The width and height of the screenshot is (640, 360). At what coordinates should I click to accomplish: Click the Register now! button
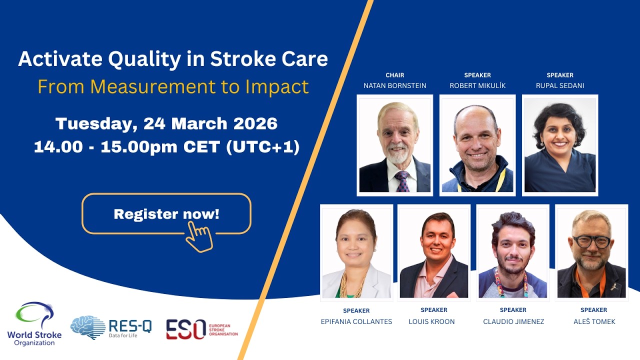point(166,214)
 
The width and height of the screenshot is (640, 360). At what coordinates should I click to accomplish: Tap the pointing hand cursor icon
point(199,236)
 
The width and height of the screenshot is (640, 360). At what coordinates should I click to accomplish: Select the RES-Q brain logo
point(87,327)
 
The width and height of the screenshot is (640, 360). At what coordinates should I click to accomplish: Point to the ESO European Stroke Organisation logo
point(202,329)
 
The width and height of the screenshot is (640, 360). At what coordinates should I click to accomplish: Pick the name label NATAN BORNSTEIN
point(395,85)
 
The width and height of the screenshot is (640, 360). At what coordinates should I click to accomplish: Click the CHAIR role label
point(395,75)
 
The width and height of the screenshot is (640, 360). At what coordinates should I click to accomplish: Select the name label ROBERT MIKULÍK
point(477,85)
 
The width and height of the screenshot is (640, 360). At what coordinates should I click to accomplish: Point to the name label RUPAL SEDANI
point(560,85)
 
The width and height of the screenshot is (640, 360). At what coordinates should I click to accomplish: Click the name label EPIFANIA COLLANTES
point(356,321)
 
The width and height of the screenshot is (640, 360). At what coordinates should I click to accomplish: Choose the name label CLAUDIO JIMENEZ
point(513,321)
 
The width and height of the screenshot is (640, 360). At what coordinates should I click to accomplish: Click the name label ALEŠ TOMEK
point(594,321)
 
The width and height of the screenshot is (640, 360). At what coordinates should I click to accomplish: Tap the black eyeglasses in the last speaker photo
point(591,240)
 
